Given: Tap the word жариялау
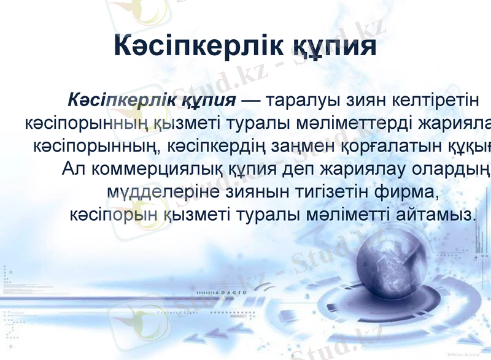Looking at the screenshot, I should (336, 169).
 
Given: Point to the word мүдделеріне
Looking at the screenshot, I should (161, 192).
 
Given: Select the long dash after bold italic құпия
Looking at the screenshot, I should (252, 99).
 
